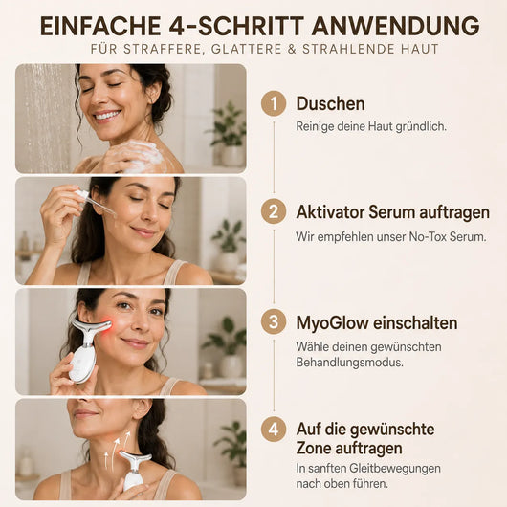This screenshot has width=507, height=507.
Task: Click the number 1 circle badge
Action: pyautogui.click(x=274, y=103)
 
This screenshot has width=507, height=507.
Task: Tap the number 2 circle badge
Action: pyautogui.click(x=274, y=211)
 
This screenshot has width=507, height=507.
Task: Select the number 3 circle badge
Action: pyautogui.click(x=274, y=322)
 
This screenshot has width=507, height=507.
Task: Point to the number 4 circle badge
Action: pyautogui.click(x=274, y=430)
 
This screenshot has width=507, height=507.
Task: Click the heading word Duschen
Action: pyautogui.click(x=330, y=104)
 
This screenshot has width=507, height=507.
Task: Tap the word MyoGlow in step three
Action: pyautogui.click(x=332, y=323)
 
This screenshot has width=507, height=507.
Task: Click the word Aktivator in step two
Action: pyautogui.click(x=330, y=212)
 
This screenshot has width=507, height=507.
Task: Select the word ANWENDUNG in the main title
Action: pyautogui.click(x=395, y=26)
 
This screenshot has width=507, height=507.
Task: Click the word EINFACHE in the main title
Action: pyautogui.click(x=100, y=26)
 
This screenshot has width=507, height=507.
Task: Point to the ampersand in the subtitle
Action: pyautogui.click(x=292, y=49)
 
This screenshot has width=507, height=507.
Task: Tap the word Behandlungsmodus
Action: pyautogui.click(x=349, y=363)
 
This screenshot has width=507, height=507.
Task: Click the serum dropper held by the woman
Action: pyautogui.click(x=96, y=202)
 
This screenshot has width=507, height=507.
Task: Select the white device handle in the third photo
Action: pyautogui.click(x=81, y=364)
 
